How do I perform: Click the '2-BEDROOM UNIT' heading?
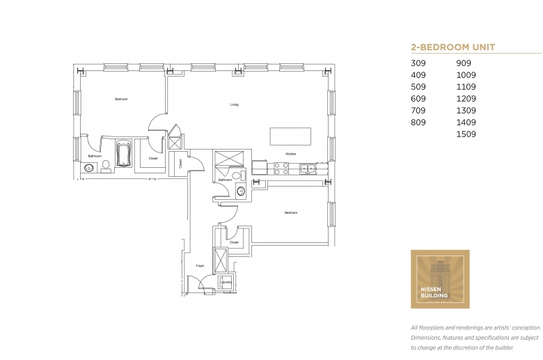(453, 47)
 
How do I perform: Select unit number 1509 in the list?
(466, 134)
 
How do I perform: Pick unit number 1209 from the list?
(466, 99)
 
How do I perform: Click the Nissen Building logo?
(440, 279)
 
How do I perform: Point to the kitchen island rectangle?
(290, 135)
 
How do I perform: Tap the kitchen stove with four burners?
(281, 168)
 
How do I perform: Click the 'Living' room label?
(235, 105)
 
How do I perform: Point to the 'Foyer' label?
(200, 266)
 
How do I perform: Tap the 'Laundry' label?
(226, 282)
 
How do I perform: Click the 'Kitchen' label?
(291, 153)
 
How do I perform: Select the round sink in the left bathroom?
(89, 168)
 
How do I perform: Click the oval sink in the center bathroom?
(242, 190)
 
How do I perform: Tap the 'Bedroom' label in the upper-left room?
(121, 100)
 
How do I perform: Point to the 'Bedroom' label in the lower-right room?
(290, 212)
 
